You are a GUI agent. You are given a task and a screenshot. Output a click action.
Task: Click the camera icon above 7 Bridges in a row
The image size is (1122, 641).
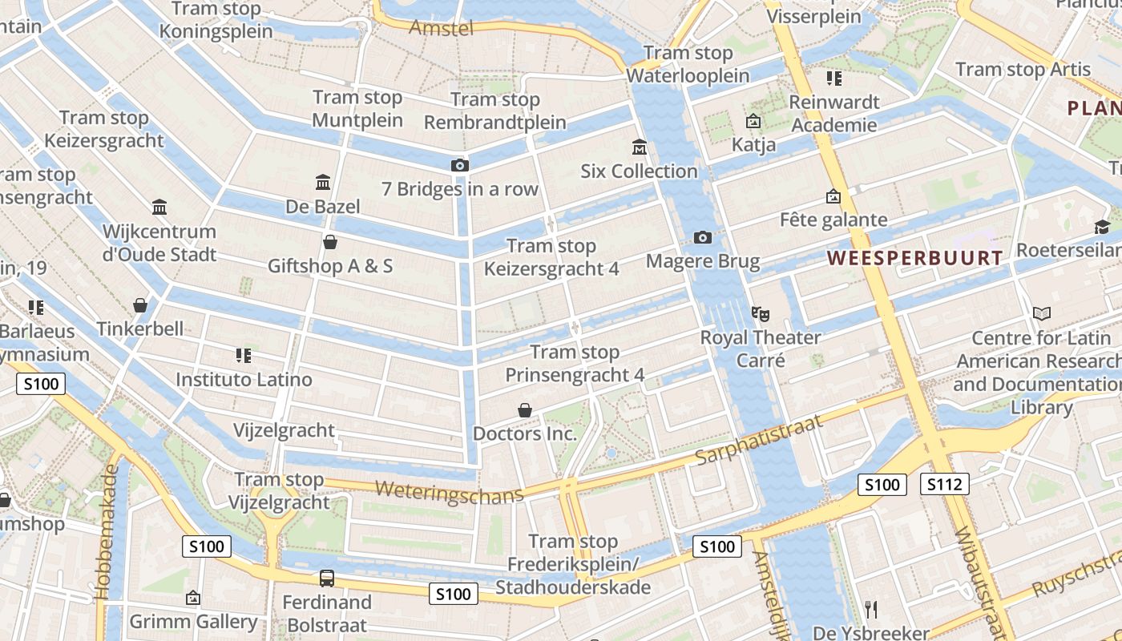[459, 165]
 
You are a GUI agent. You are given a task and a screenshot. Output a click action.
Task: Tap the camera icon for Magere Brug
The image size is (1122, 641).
[703, 237]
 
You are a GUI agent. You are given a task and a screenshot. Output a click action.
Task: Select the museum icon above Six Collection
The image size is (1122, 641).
[640, 147]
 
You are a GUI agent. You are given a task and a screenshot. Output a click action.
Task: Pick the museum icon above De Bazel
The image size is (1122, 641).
[323, 183]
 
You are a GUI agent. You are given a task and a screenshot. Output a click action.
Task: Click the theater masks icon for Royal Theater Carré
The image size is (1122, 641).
[760, 313]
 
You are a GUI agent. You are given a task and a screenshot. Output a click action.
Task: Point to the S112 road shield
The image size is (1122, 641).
[945, 484]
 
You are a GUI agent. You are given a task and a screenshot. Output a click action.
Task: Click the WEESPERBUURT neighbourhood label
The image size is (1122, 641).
[914, 258]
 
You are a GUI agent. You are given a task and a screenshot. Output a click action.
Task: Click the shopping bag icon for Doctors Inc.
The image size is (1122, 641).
[525, 410]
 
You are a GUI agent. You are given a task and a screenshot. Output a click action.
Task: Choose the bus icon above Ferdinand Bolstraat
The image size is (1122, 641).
[327, 578]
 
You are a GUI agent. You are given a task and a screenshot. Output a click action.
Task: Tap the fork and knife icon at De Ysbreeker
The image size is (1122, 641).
[872, 609]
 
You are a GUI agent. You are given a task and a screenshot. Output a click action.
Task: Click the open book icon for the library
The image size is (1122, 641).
[1041, 314]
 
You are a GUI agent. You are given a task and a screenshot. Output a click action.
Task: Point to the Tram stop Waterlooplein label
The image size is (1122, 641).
[688, 65]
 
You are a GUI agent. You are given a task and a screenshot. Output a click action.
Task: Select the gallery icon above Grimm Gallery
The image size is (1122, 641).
[192, 598]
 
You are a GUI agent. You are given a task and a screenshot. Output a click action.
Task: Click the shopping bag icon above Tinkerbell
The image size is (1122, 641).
[140, 305]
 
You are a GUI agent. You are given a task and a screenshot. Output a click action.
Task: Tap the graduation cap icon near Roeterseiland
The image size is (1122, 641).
[1102, 228]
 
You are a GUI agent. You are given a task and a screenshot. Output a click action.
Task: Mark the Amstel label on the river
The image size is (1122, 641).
[441, 29]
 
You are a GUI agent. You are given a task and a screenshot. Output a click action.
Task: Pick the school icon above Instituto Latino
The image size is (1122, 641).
[244, 355]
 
